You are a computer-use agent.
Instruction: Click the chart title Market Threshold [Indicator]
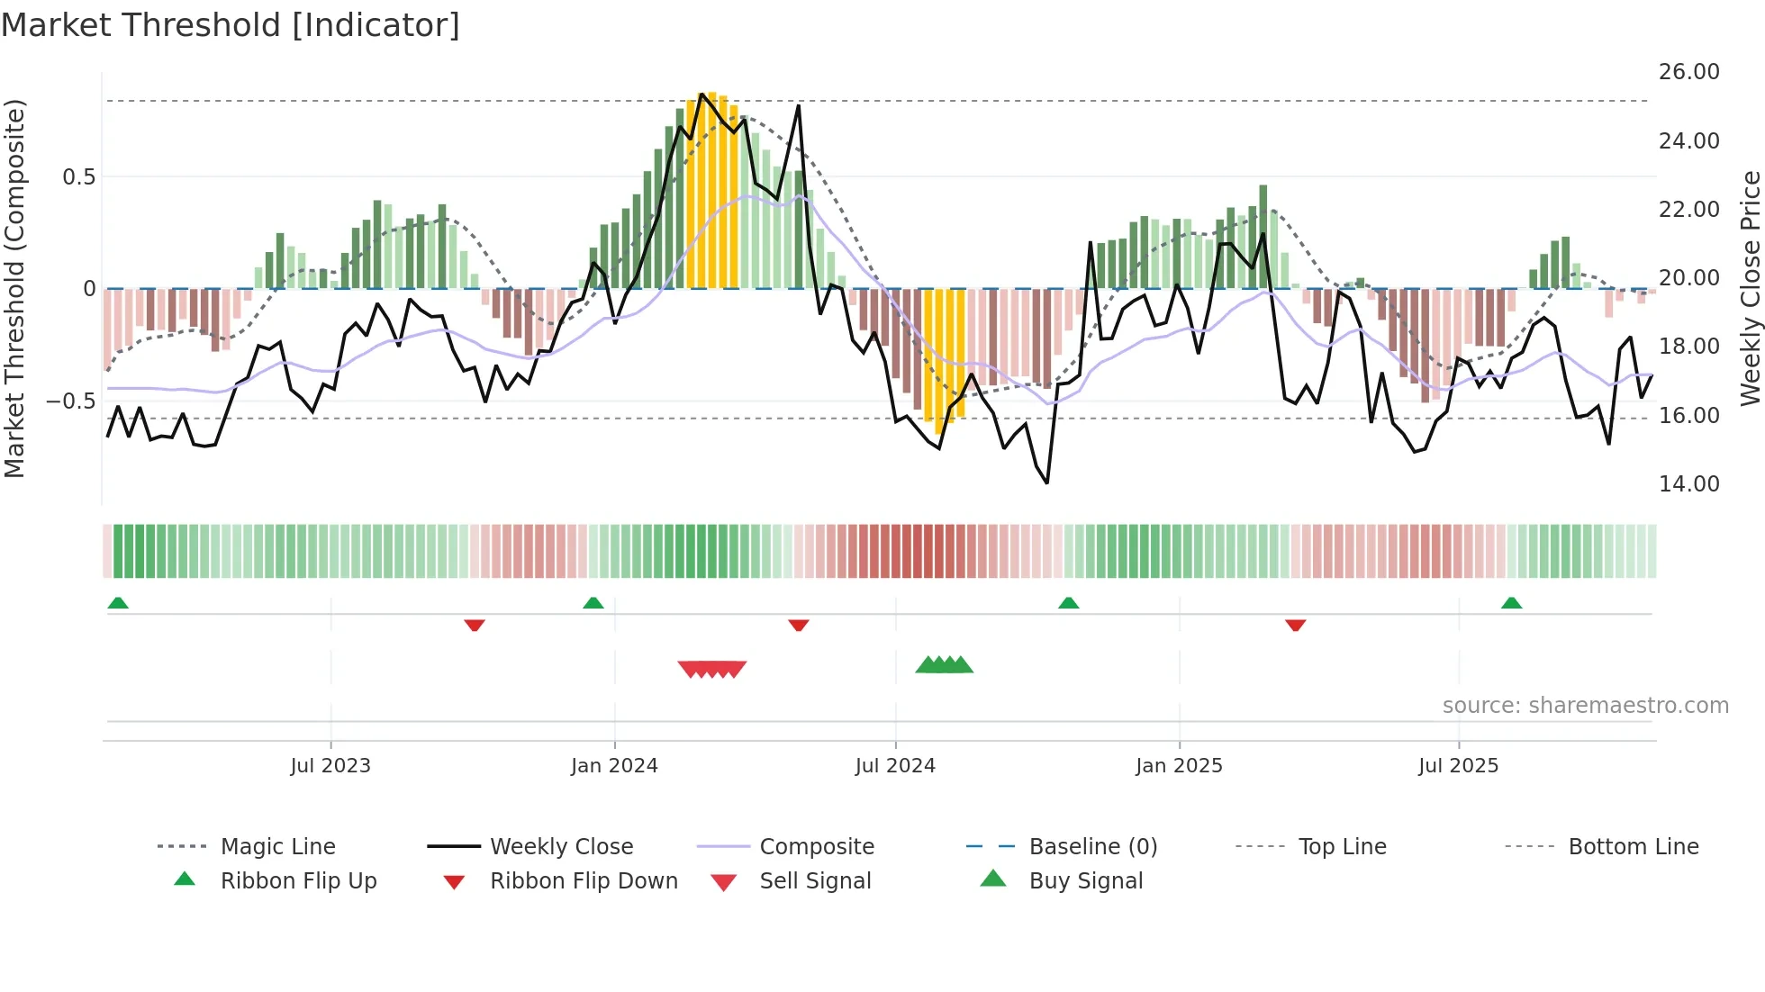click(x=231, y=25)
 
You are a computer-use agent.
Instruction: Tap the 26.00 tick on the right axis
click(x=1688, y=72)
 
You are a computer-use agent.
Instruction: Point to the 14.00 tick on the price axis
click(x=1688, y=484)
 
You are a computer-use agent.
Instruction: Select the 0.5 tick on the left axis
click(x=78, y=177)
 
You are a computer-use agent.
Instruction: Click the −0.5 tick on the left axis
click(x=71, y=401)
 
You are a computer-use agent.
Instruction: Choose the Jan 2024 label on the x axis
click(x=614, y=766)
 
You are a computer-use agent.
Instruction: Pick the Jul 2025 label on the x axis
click(x=1458, y=766)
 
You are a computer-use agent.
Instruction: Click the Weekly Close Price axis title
click(x=1750, y=288)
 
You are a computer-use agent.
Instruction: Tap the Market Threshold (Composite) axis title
click(x=14, y=288)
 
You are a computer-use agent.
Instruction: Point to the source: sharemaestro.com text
click(x=1585, y=706)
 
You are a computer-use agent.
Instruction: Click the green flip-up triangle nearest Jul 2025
click(x=1511, y=603)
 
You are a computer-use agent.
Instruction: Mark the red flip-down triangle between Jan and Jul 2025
click(x=1295, y=625)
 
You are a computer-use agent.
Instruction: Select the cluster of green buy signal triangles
click(x=944, y=665)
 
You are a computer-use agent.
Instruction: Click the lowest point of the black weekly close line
click(x=1047, y=482)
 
